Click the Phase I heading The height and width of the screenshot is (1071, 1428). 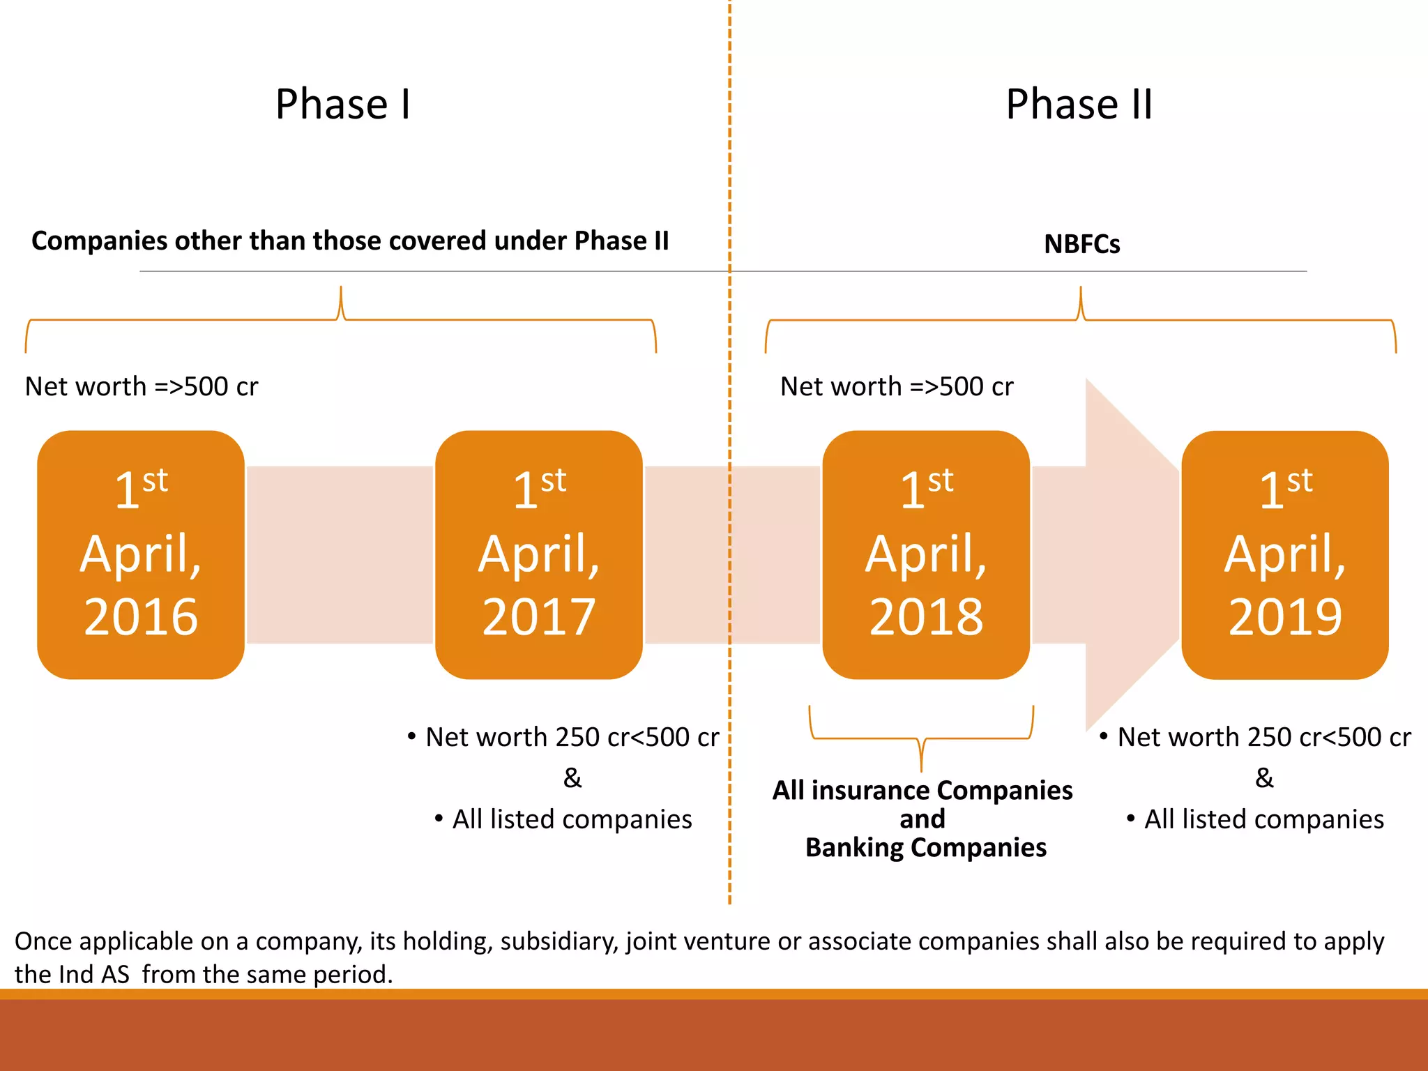coord(343,105)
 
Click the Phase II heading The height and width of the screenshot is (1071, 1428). coord(1079,105)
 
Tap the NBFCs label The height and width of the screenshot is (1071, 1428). coord(1081,244)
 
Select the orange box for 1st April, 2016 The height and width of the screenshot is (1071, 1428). coord(141,554)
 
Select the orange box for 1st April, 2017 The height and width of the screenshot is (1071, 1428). coord(538,554)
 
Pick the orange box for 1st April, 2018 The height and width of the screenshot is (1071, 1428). coord(926,554)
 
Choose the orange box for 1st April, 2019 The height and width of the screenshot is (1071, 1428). coord(1285,554)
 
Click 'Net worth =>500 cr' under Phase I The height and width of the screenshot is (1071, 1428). coord(142,386)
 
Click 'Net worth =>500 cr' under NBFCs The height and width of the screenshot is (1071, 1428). coord(897,386)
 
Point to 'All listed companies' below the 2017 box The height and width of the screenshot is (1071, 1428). coord(572,819)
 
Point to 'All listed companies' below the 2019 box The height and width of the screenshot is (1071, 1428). coord(1263,819)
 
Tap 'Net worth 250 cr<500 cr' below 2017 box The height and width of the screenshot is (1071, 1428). coord(572,737)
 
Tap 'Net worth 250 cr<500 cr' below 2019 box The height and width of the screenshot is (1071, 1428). coord(1263,737)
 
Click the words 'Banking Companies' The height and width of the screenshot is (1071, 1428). coord(926,848)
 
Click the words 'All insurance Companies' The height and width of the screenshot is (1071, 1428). coord(922,791)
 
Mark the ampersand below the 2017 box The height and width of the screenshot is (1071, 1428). coord(572,777)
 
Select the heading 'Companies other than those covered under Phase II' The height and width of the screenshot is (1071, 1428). coord(350,241)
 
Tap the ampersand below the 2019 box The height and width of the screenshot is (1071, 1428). coord(1264,777)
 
